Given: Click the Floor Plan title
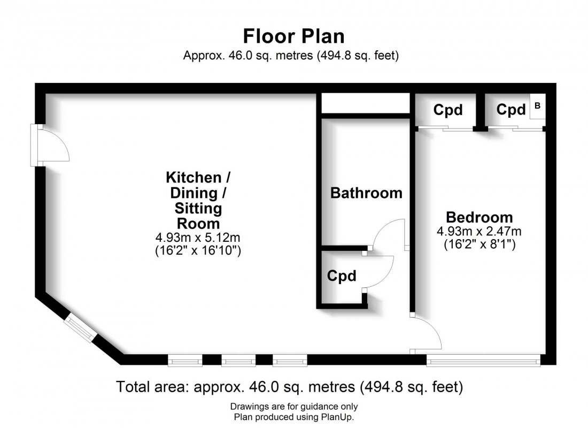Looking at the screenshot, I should pyautogui.click(x=293, y=36).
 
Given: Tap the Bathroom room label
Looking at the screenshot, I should pyautogui.click(x=366, y=193).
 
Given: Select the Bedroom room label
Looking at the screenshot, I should pyautogui.click(x=479, y=217).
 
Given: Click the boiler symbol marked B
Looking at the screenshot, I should pyautogui.click(x=537, y=106).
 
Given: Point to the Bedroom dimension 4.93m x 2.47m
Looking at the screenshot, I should pyautogui.click(x=479, y=232).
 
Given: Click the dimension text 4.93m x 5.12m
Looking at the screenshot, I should pyautogui.click(x=194, y=237).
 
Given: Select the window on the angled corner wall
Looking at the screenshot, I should pyautogui.click(x=80, y=327).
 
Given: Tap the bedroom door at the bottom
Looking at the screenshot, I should pyautogui.click(x=428, y=333).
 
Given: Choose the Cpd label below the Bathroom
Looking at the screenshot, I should pyautogui.click(x=342, y=276).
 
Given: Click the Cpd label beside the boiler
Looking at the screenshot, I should pyautogui.click(x=511, y=110).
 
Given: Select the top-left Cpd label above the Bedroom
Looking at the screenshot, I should pyautogui.click(x=447, y=110).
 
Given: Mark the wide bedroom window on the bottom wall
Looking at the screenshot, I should pyautogui.click(x=483, y=362).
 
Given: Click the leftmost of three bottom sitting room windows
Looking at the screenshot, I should pyautogui.click(x=185, y=362).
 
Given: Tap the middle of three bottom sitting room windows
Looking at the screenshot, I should pyautogui.click(x=238, y=362).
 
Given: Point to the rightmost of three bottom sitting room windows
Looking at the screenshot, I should pyautogui.click(x=290, y=362).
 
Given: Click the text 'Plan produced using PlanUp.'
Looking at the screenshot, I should pyautogui.click(x=293, y=417).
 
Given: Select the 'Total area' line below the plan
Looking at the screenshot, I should pyautogui.click(x=289, y=386).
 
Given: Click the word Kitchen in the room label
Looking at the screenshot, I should pyautogui.click(x=193, y=177).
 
